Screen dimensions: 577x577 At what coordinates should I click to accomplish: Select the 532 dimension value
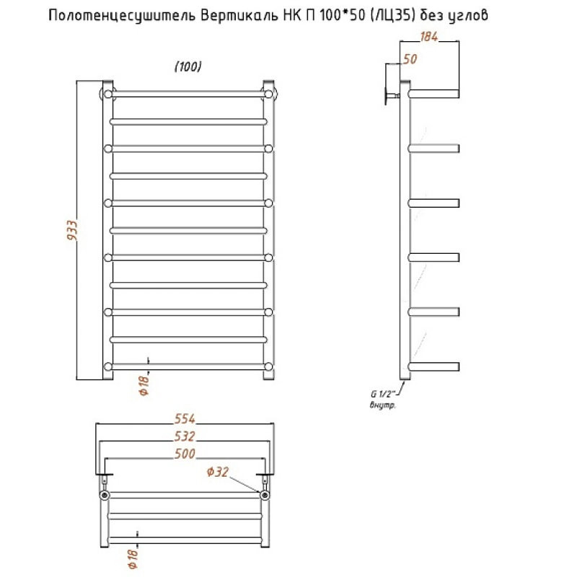(185, 436)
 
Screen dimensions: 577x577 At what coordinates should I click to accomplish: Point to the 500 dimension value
(185, 454)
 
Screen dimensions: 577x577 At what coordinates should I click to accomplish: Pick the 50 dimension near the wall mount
(410, 59)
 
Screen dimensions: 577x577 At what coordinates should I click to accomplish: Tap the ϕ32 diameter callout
(217, 472)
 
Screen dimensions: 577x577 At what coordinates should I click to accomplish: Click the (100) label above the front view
(188, 66)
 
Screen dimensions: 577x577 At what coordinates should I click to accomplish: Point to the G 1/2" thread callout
(380, 395)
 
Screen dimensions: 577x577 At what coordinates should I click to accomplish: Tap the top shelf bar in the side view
(434, 94)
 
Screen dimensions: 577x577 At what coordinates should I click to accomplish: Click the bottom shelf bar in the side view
(434, 366)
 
